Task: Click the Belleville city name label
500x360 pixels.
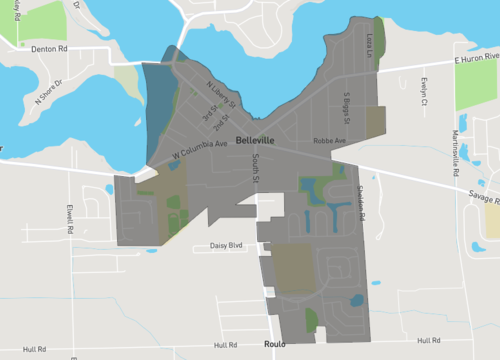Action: (x=257, y=141)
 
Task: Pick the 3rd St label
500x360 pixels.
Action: (x=210, y=118)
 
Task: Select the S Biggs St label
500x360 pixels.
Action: (x=346, y=108)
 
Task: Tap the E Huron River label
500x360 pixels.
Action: (x=475, y=60)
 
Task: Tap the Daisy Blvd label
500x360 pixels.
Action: (x=227, y=245)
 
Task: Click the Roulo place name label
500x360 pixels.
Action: (x=275, y=343)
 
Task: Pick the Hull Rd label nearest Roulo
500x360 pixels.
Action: (x=430, y=340)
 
